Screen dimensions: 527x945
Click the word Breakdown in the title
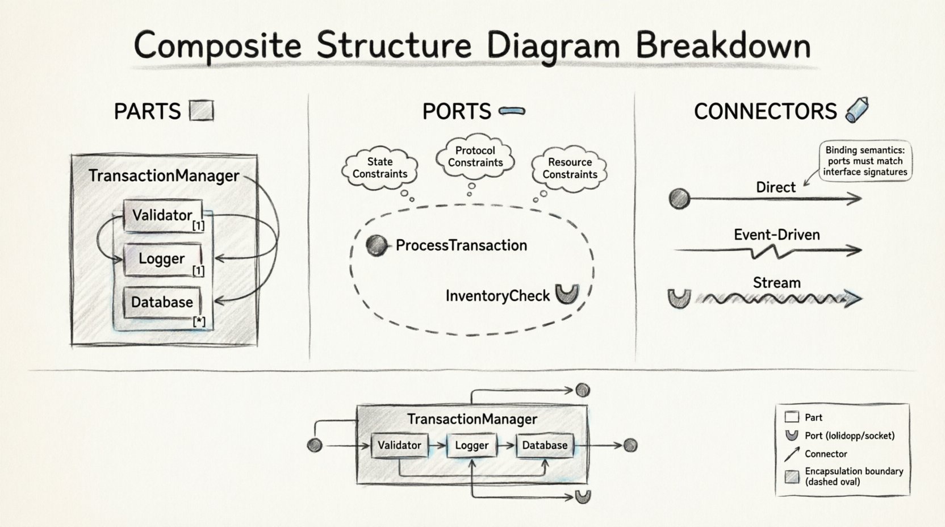pos(722,45)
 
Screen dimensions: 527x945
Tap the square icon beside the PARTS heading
pos(201,111)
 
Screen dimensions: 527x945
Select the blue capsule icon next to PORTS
pos(512,111)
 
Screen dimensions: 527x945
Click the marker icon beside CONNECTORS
pos(857,110)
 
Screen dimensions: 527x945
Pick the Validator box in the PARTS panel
pos(163,215)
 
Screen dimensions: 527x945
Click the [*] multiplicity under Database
pos(199,321)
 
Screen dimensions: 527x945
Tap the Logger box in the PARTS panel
pos(162,259)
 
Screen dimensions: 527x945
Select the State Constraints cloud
pos(379,168)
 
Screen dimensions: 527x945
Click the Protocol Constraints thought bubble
pos(475,156)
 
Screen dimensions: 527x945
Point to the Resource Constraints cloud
pos(570,169)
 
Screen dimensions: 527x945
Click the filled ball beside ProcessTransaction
pos(376,245)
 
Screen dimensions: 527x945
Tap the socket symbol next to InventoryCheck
pos(567,294)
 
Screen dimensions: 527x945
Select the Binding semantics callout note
pos(864,161)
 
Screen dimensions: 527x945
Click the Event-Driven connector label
pos(776,235)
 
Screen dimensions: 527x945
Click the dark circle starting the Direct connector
pos(679,199)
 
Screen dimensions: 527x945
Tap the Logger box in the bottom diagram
pos(471,446)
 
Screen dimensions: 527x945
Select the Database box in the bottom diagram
pos(545,446)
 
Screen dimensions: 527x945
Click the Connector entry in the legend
pos(825,454)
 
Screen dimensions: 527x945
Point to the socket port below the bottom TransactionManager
pos(583,497)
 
